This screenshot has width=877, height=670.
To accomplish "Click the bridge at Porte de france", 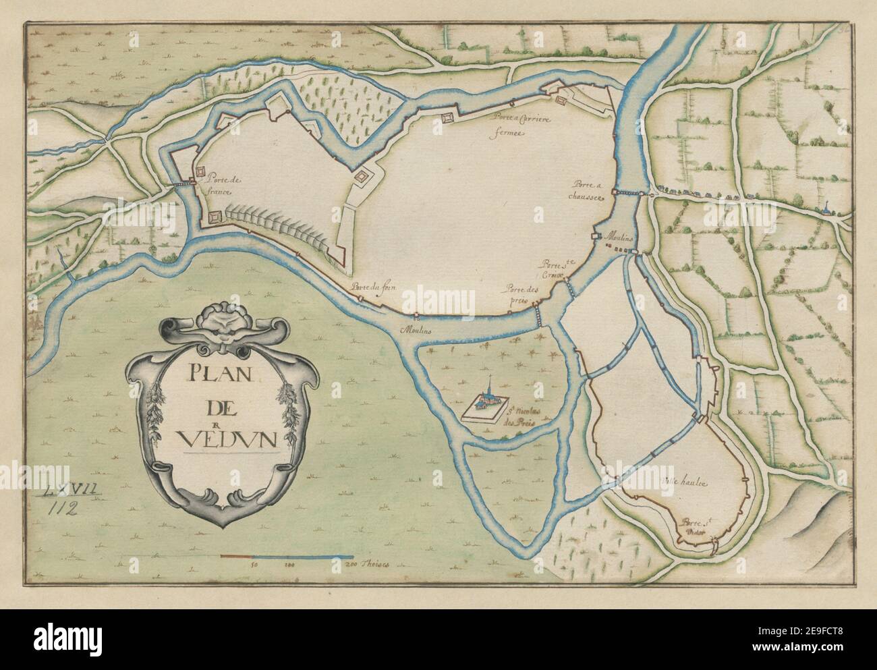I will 181,183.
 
